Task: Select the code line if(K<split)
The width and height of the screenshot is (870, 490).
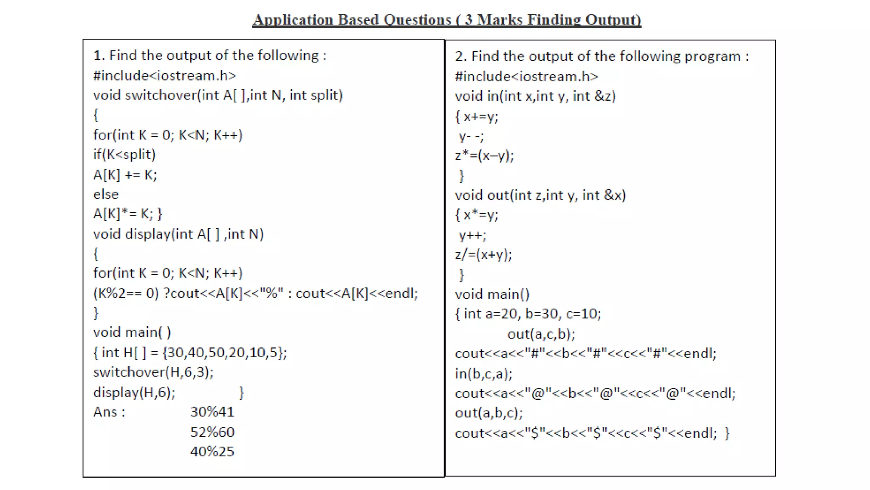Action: [x=124, y=154]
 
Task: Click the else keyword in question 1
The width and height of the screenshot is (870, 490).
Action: [x=106, y=194]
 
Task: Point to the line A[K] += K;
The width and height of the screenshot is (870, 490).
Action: [x=125, y=175]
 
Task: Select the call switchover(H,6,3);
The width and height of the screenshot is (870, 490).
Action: [x=153, y=372]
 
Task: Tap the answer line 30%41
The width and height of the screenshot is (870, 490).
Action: [x=212, y=412]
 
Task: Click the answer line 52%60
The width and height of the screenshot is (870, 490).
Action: [x=212, y=432]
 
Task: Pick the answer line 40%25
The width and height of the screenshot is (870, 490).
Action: [x=212, y=451]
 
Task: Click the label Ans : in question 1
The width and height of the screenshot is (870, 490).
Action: [x=109, y=412]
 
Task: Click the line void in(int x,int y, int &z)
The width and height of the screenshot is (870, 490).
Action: [x=535, y=96]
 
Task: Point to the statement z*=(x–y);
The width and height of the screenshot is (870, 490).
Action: [x=484, y=156]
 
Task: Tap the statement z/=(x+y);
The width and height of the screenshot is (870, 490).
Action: [x=483, y=255]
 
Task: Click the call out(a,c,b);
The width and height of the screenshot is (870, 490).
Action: [x=541, y=334]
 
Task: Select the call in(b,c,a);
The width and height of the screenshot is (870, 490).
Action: [x=483, y=374]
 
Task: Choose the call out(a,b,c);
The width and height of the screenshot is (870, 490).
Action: [x=489, y=413]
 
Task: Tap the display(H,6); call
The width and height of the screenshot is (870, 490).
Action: [x=134, y=392]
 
